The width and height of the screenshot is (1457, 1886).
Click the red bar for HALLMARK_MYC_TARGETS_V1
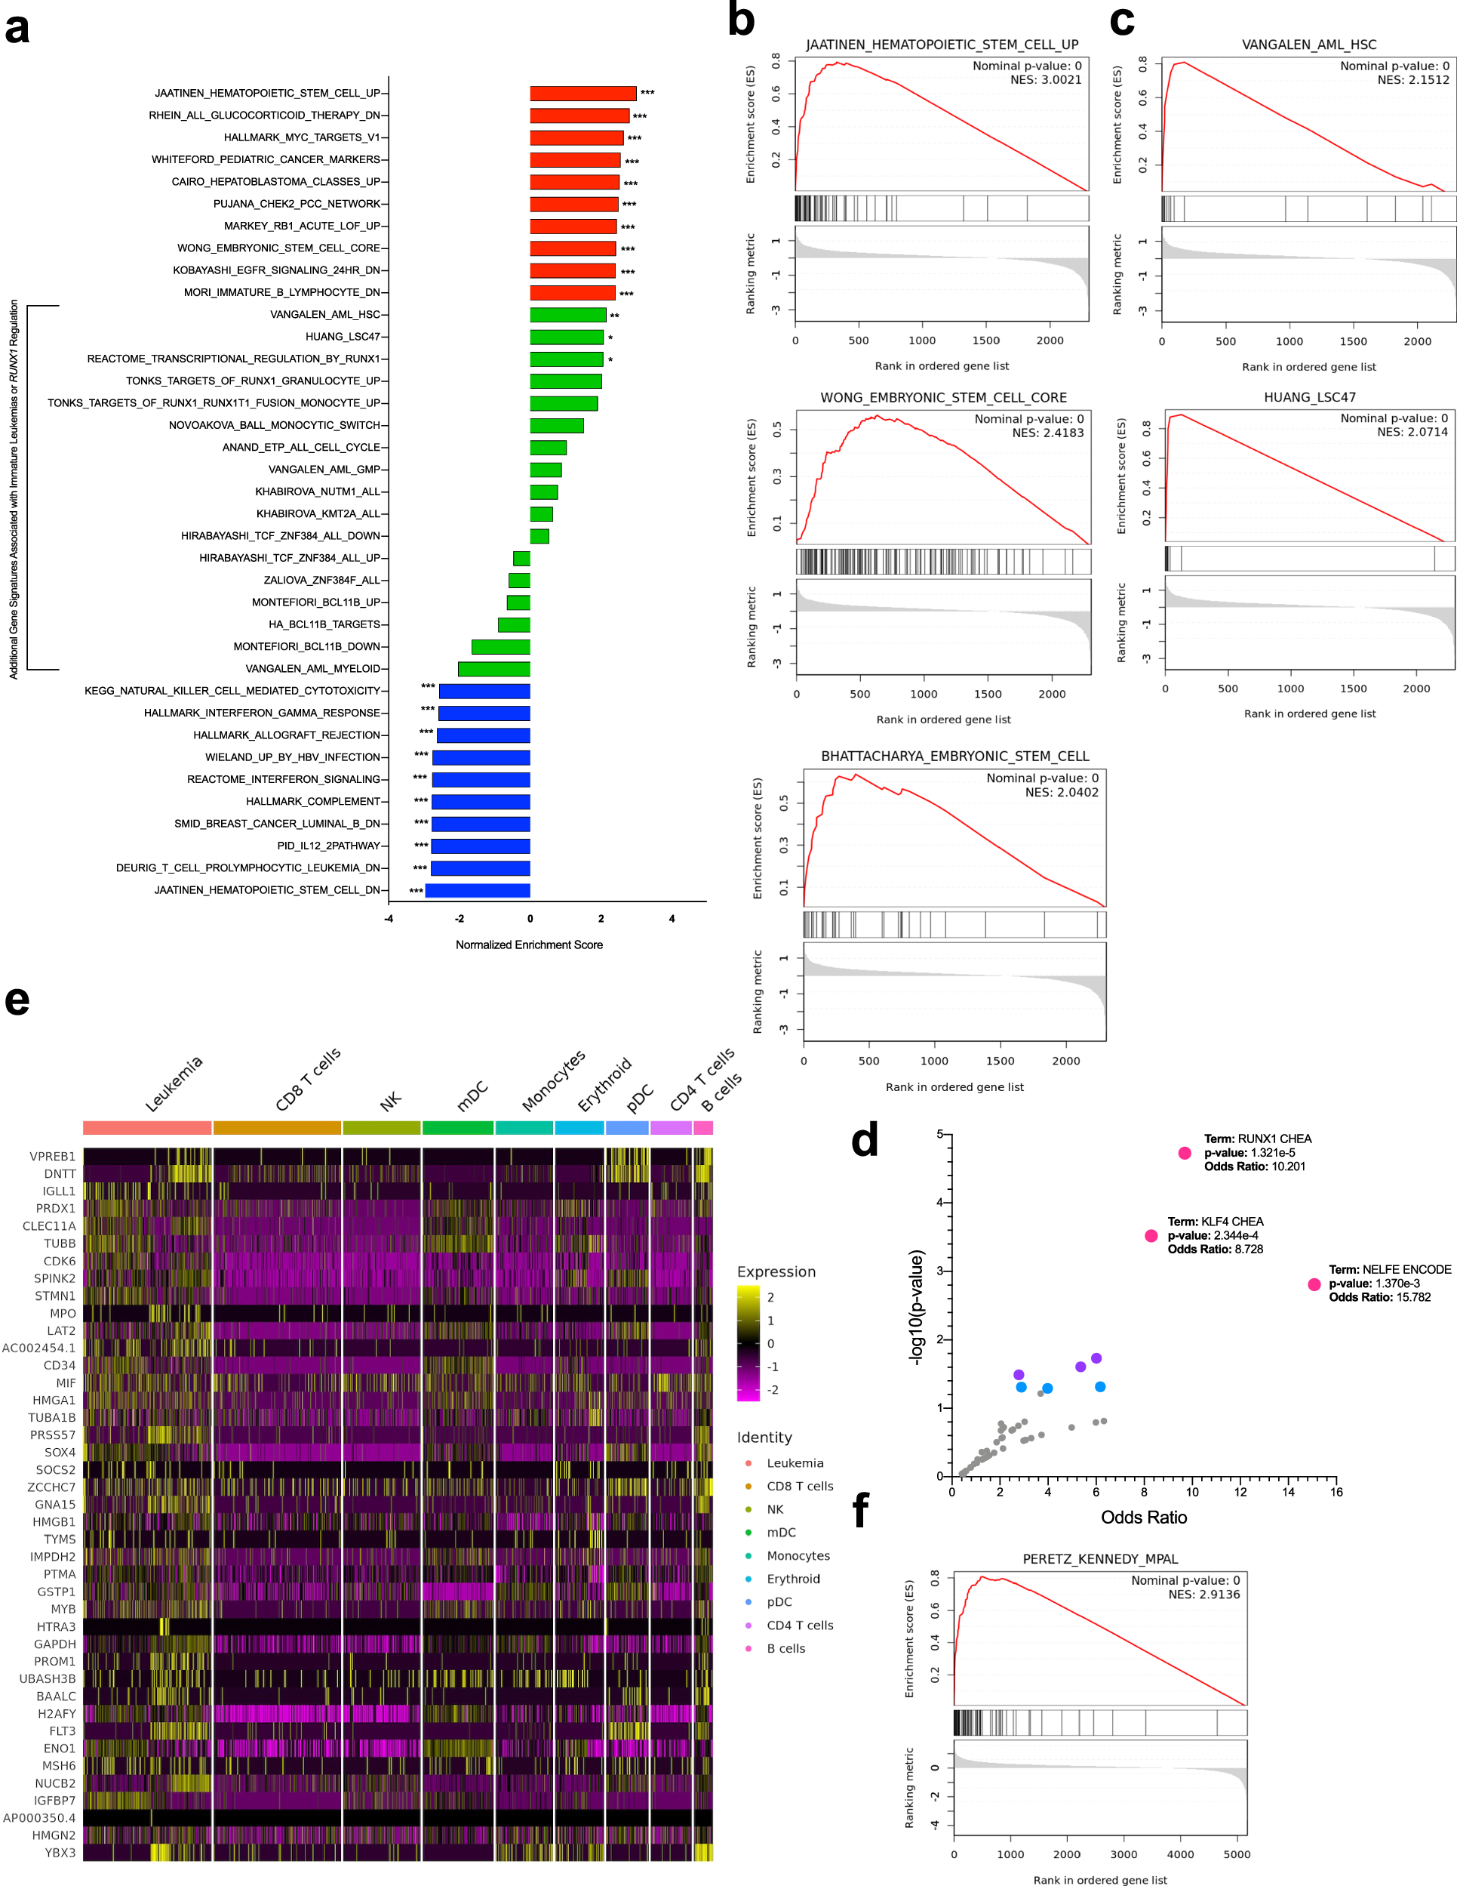(576, 137)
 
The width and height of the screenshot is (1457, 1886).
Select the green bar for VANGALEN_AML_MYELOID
(493, 668)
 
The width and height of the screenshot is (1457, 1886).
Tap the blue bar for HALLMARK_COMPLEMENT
(481, 801)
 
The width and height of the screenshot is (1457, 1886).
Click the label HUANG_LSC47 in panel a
(342, 337)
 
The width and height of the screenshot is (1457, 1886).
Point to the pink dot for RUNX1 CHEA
(1185, 1153)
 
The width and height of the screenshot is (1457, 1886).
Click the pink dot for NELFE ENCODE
(1314, 1284)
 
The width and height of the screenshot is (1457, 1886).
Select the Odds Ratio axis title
(1143, 1518)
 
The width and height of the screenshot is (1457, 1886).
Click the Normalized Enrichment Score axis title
(529, 945)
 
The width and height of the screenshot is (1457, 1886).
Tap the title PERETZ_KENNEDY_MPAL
(1099, 1559)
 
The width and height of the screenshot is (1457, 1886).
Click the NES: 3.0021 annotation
(1045, 79)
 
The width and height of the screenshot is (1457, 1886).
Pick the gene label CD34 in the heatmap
(59, 1365)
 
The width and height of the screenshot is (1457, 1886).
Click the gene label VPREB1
(52, 1157)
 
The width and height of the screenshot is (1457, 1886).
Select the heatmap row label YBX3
(60, 1852)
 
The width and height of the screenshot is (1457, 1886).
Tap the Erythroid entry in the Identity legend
(792, 1579)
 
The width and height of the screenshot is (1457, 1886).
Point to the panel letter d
(864, 1141)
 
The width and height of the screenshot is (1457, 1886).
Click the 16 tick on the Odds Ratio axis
(1336, 1492)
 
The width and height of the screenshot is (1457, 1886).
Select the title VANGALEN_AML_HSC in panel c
(1308, 45)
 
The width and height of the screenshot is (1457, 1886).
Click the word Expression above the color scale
(776, 1272)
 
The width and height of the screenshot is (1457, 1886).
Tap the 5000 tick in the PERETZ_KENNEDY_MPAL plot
(1236, 1854)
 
